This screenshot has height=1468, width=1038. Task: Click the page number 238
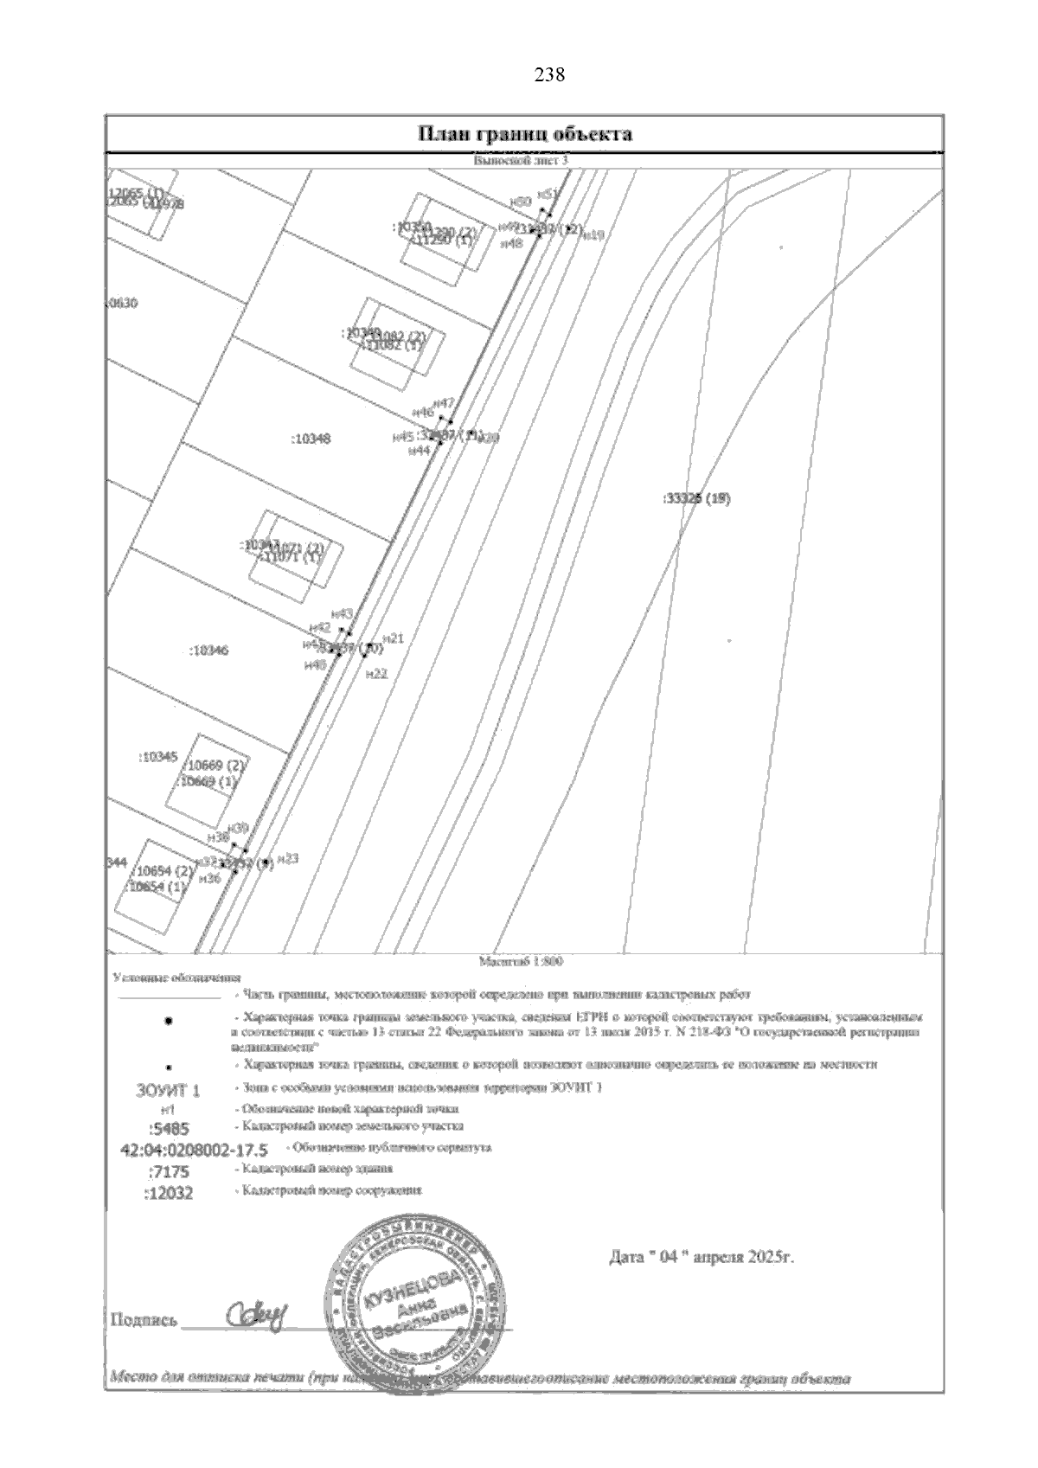[550, 75]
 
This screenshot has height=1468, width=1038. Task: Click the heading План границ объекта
[525, 134]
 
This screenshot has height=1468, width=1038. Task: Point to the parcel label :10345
[158, 757]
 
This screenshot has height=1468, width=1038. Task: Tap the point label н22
[376, 674]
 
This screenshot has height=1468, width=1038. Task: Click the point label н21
[394, 638]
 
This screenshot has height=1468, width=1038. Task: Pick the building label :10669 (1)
[208, 781]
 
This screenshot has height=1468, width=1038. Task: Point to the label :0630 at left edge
[121, 304]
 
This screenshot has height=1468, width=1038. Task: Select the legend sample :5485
[168, 1128]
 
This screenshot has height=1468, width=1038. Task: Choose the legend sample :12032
[169, 1193]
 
